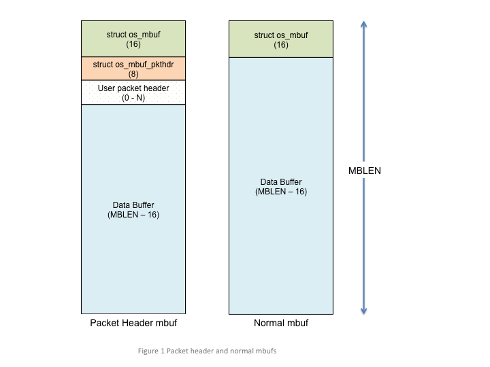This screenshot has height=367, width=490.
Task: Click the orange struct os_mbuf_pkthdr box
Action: pyautogui.click(x=133, y=69)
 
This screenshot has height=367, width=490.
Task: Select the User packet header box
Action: pyautogui.click(x=133, y=92)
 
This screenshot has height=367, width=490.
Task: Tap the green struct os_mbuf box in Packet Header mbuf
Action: pyautogui.click(x=133, y=39)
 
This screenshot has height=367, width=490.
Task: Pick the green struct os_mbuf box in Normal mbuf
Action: pyautogui.click(x=280, y=39)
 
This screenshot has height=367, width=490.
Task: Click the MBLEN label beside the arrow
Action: pyautogui.click(x=364, y=171)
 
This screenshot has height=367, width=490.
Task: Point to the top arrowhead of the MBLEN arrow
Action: pyautogui.click(x=364, y=24)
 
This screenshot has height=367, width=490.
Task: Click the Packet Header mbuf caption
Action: pyautogui.click(x=133, y=323)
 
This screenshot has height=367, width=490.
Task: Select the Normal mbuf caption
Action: pyautogui.click(x=280, y=323)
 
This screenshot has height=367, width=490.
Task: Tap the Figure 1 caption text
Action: pyautogui.click(x=207, y=351)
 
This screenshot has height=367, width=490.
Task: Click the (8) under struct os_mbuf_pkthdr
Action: pyautogui.click(x=133, y=74)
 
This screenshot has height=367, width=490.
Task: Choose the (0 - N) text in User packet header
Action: pyautogui.click(x=133, y=98)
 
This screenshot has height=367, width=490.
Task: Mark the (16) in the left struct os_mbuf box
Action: pyautogui.click(x=133, y=44)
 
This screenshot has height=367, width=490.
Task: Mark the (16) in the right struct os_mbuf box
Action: pyautogui.click(x=280, y=45)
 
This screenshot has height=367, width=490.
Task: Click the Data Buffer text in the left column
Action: pyautogui.click(x=133, y=205)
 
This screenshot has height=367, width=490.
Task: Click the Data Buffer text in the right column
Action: pyautogui.click(x=280, y=182)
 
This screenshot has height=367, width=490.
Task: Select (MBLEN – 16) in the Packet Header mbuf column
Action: pyautogui.click(x=133, y=215)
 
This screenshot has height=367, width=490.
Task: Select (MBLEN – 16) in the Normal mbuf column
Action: pyautogui.click(x=280, y=192)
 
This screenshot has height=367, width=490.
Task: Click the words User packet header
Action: pyautogui.click(x=133, y=88)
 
